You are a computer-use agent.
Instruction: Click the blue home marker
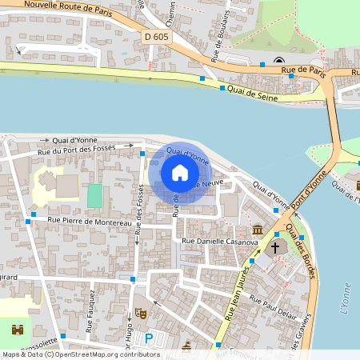[x=180, y=173]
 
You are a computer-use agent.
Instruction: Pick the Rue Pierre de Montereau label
[x=89, y=220]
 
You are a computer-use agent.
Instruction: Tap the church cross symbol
[x=274, y=247]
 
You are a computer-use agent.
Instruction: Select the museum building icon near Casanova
[x=257, y=230]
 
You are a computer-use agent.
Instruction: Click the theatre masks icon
[x=141, y=313]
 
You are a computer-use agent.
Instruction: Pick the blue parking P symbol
[x=149, y=339]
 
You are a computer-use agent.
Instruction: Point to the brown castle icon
[x=17, y=329]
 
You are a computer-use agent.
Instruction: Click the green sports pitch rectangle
[x=95, y=194]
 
